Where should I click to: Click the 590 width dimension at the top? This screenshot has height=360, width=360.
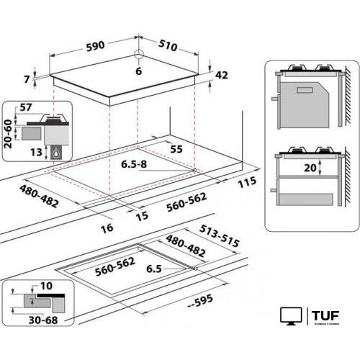tap(95, 45)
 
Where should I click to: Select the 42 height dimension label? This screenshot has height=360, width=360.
tap(222, 74)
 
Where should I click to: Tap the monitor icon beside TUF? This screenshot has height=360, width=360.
tap(291, 316)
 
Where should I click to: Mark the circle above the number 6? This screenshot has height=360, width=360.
tap(140, 59)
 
